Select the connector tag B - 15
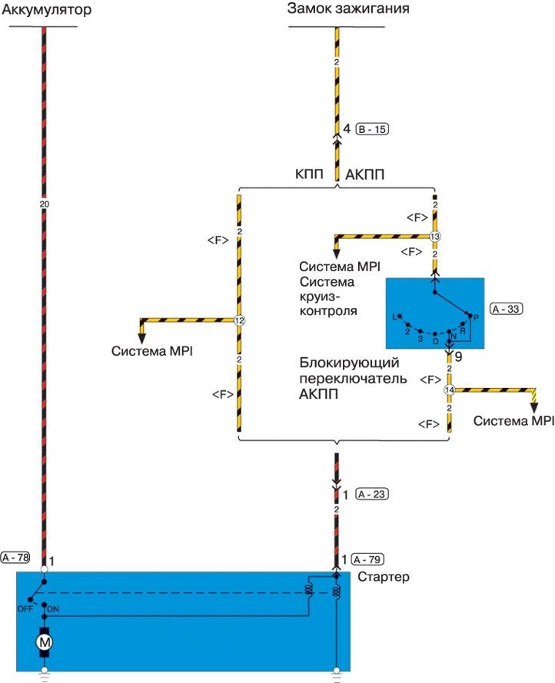point(372,130)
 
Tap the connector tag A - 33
point(506,308)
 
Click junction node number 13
point(434,237)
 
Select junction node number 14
point(450,390)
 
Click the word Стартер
point(384,576)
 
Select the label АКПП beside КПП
point(365,174)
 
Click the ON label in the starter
point(54,608)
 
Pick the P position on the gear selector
point(477,317)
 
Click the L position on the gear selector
point(394,316)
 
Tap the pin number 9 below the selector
point(459,356)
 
